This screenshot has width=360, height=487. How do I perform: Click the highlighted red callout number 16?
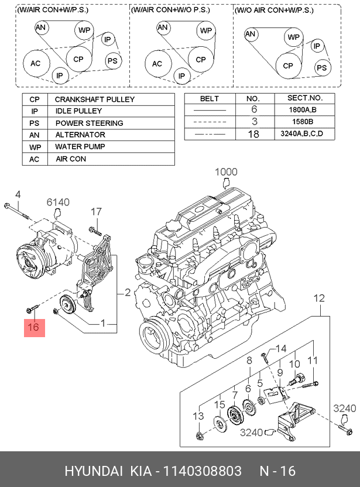tap(33, 328)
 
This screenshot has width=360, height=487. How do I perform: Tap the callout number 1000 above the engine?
tap(226, 172)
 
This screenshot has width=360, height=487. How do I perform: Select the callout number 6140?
tap(59, 203)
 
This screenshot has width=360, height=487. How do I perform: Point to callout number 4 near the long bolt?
tap(18, 194)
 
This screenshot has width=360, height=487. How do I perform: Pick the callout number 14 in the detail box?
tap(281, 349)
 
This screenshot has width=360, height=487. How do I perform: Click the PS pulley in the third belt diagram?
tap(321, 68)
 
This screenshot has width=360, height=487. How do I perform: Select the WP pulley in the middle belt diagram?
tap(205, 31)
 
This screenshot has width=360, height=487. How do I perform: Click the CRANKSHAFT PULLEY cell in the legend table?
tap(95, 100)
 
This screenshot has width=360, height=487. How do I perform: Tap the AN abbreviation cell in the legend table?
tap(34, 135)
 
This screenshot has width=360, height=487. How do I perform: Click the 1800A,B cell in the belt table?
tap(304, 109)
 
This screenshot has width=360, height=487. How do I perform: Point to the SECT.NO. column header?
tap(304, 98)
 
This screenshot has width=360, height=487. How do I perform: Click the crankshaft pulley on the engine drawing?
tap(153, 336)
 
